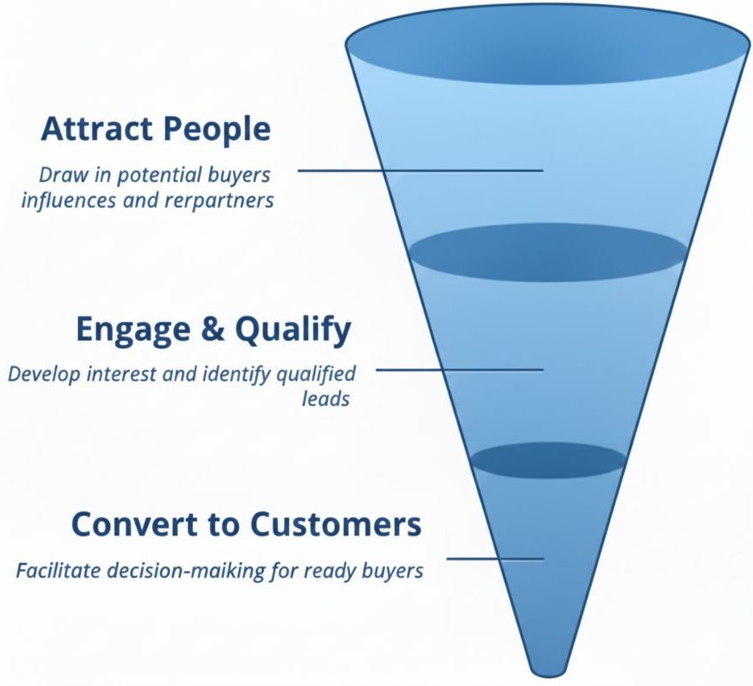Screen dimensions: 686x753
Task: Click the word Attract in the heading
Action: click(x=95, y=130)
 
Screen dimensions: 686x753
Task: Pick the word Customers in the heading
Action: click(x=335, y=524)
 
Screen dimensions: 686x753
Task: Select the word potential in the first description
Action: click(x=146, y=175)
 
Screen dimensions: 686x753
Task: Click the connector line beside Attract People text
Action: click(x=420, y=170)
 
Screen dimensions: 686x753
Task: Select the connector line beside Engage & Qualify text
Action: click(x=459, y=369)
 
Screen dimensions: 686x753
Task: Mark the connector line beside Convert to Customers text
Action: click(x=495, y=558)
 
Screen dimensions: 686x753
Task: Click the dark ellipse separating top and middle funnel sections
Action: click(x=549, y=253)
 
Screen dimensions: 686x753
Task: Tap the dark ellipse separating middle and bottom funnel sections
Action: click(x=549, y=460)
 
